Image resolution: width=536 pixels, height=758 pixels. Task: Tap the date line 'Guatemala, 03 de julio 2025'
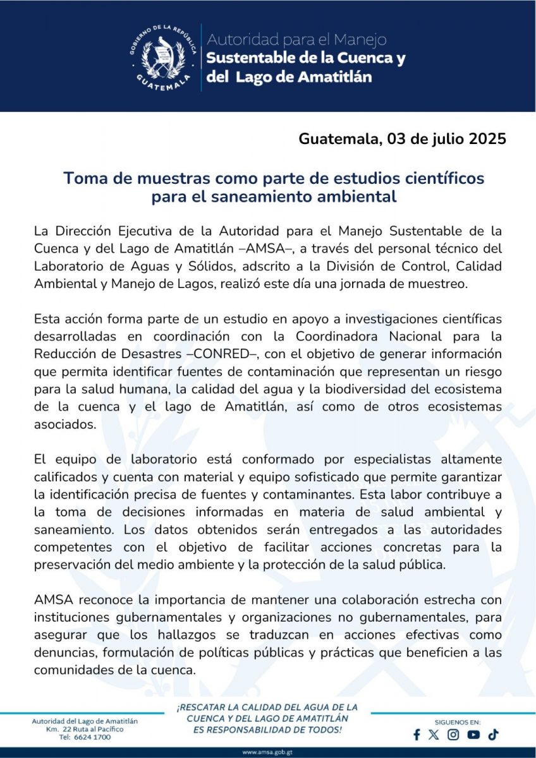403,139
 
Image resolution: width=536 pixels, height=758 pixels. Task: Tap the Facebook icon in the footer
417,735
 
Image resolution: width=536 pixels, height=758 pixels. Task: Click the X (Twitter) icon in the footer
433,735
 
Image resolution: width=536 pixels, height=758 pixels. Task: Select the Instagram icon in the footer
453,735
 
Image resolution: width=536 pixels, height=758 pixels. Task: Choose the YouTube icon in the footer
473,735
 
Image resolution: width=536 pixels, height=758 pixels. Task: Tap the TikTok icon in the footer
493,734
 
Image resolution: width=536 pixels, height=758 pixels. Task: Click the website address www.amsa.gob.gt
267,752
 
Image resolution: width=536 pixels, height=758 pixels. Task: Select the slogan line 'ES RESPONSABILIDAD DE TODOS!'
267,730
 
